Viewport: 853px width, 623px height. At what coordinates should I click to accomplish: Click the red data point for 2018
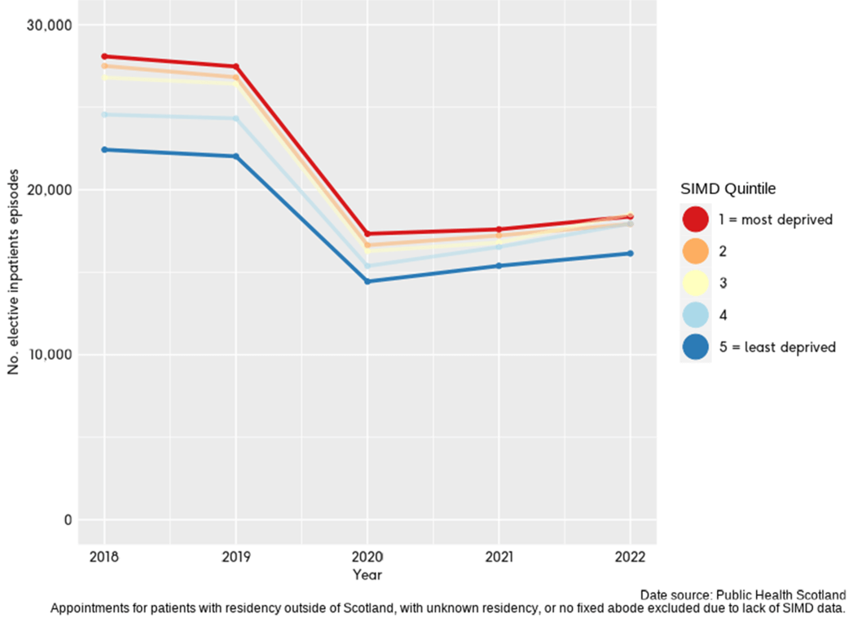(x=104, y=56)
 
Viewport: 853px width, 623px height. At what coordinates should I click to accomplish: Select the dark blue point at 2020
(x=367, y=281)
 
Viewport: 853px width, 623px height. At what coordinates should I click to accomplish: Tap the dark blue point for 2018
(x=104, y=149)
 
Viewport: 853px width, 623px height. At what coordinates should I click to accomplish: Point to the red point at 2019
(x=236, y=67)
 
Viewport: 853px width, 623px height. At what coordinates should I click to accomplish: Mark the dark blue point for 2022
(x=630, y=253)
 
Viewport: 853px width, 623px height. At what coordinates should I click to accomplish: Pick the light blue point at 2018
(x=104, y=114)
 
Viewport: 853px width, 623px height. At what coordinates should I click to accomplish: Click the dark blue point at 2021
(x=499, y=266)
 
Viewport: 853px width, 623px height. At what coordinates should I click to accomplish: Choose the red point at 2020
(x=367, y=234)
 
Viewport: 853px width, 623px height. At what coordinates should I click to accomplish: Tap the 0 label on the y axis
(x=68, y=520)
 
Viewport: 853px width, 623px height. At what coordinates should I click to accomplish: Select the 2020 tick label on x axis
(x=367, y=558)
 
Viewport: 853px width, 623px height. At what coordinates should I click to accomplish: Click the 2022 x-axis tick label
(x=630, y=558)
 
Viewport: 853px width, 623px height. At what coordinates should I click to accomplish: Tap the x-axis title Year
(x=367, y=575)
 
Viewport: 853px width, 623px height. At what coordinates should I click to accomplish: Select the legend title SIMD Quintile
(x=728, y=189)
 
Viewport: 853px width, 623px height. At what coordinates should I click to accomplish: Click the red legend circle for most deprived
(x=695, y=219)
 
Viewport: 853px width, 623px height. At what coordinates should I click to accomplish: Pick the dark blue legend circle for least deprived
(x=695, y=347)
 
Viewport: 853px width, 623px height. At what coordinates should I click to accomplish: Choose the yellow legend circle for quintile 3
(x=695, y=283)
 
